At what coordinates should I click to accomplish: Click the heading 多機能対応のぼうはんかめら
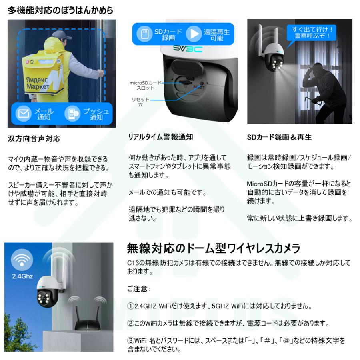(60, 10)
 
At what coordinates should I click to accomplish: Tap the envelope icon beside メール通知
(23, 114)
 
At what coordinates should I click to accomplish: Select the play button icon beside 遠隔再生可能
(194, 34)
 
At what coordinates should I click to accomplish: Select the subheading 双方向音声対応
(34, 139)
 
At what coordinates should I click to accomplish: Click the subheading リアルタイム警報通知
(160, 137)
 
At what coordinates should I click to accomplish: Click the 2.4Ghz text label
(22, 276)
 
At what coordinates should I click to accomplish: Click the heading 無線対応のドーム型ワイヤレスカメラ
(213, 249)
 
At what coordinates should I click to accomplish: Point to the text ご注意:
(138, 288)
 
